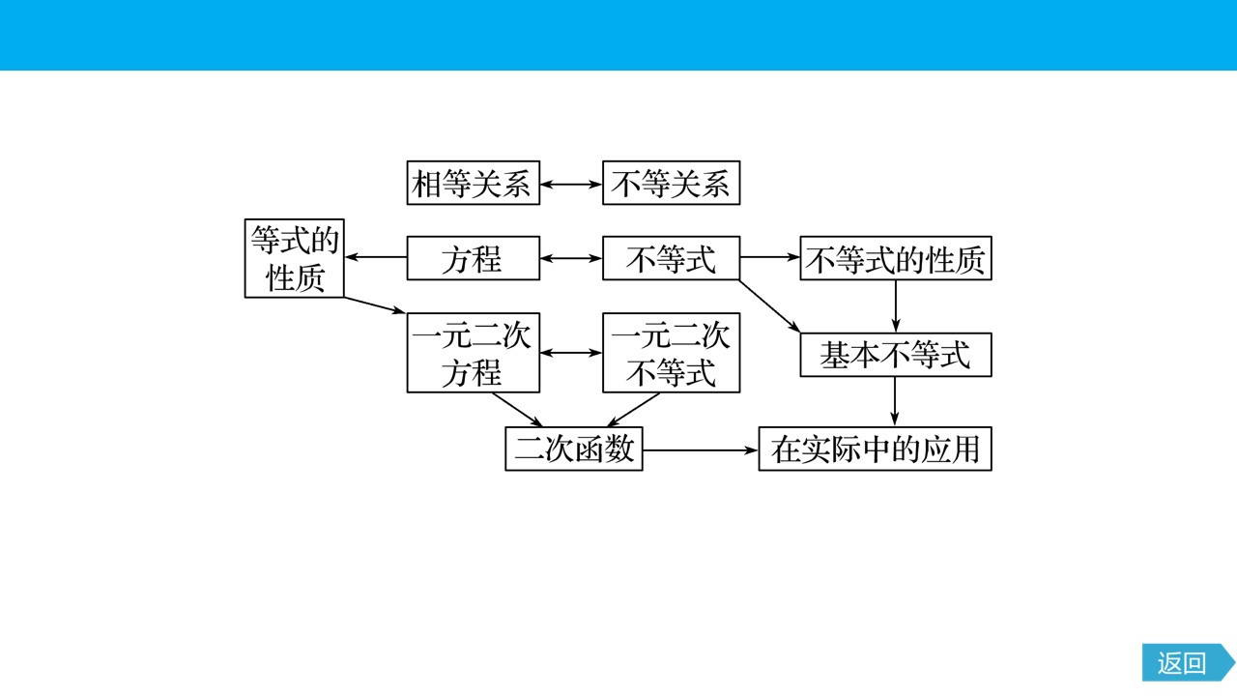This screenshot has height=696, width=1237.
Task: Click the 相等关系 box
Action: pyautogui.click(x=474, y=183)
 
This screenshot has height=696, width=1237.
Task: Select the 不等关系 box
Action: pyautogui.click(x=671, y=183)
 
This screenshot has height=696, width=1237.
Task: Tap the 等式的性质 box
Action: pyautogui.click(x=295, y=258)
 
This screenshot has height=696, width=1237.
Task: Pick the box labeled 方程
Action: pyautogui.click(x=474, y=258)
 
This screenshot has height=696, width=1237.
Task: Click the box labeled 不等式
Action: pyautogui.click(x=671, y=258)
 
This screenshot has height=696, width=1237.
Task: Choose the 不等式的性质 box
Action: pyautogui.click(x=896, y=258)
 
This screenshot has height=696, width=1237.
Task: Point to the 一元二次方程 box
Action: pyautogui.click(x=474, y=353)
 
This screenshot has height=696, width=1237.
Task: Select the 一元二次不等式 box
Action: pyautogui.click(x=671, y=353)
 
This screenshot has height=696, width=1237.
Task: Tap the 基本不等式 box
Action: pyautogui.click(x=896, y=355)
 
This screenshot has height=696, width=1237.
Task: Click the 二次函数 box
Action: pyautogui.click(x=574, y=449)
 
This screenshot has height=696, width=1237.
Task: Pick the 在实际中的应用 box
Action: pyautogui.click(x=876, y=449)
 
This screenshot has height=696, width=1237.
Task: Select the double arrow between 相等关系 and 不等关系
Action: pyautogui.click(x=571, y=184)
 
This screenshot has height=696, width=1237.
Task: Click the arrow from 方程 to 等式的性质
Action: pyautogui.click(x=376, y=257)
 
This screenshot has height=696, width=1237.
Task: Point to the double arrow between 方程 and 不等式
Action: pyautogui.click(x=571, y=258)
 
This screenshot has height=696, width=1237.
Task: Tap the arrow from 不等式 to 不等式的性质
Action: pyautogui.click(x=770, y=257)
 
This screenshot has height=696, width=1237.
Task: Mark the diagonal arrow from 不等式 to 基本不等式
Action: pyautogui.click(x=769, y=306)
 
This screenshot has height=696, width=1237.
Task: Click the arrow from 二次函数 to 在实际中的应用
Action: pyautogui.click(x=701, y=450)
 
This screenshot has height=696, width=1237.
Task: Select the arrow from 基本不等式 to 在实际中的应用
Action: pyautogui.click(x=895, y=401)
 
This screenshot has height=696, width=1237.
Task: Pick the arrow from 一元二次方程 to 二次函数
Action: pyautogui.click(x=517, y=410)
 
